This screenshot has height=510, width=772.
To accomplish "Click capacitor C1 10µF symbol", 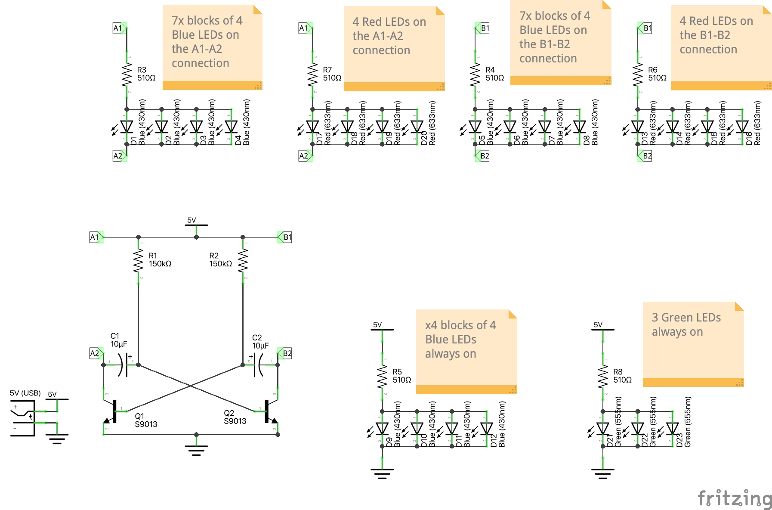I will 124,365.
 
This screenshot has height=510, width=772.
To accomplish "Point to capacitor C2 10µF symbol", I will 257,365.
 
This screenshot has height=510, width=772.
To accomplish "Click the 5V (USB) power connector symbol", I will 23,417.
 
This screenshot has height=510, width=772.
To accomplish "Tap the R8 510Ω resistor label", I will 622,376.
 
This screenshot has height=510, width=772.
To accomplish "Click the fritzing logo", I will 734,498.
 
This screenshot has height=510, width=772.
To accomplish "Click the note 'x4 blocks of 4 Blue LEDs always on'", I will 466,351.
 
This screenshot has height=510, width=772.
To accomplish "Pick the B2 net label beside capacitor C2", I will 286,353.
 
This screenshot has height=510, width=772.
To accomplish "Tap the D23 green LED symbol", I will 672,429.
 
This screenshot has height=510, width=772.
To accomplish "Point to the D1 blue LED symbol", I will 127,127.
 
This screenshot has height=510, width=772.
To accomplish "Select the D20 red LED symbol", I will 417,127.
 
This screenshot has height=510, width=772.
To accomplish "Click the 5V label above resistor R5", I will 377,325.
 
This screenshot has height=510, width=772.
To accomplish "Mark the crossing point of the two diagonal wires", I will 191,386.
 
